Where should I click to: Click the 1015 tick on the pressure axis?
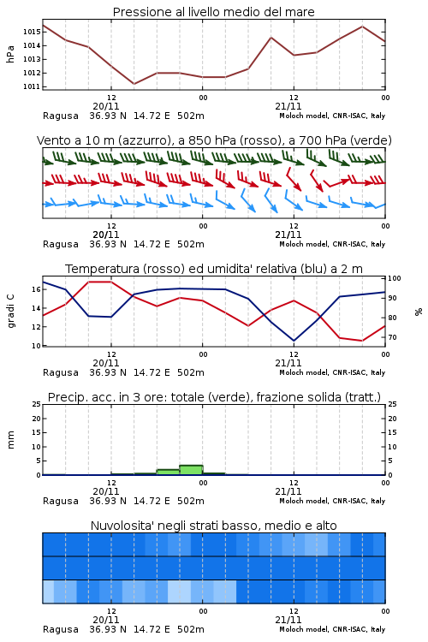pos(31,32)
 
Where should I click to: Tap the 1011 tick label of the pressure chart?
pos(31,86)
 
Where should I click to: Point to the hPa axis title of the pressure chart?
pos(10,54)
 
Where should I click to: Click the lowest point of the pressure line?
pos(134,84)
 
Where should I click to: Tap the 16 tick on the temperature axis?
pos(36,289)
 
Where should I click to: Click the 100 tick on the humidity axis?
pos(395,278)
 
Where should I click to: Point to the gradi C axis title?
pos(10,312)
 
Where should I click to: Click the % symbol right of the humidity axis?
pos(419,312)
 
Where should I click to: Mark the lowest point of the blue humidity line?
pos(294,341)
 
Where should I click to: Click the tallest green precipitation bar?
pos(191,470)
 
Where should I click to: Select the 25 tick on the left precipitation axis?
pos(36,405)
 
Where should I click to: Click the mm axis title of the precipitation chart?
pos(10,440)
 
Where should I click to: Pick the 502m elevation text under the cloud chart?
pos(190,629)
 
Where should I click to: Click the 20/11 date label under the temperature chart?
pos(106,363)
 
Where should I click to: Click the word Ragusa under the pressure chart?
pos(61,116)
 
